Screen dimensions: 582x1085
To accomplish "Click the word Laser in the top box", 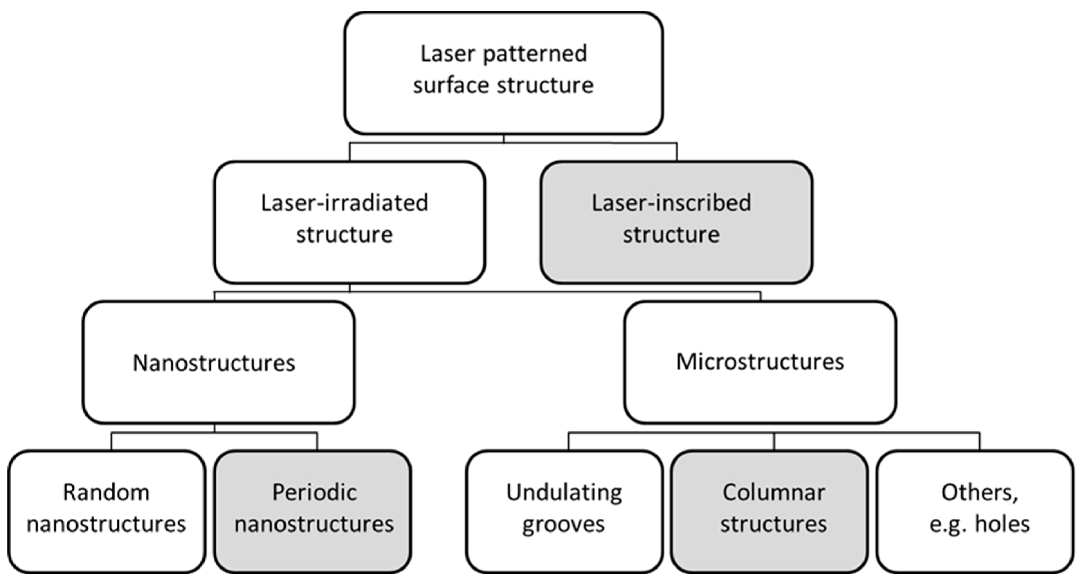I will (448, 54).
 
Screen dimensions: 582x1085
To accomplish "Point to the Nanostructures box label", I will (214, 363).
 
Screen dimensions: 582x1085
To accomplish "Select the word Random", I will (106, 492).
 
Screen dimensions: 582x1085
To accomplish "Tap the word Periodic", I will (314, 492).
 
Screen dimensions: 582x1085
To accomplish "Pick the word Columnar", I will (774, 492).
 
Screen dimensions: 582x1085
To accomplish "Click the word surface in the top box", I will (452, 85).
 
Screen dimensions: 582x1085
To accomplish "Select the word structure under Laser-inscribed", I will (671, 235).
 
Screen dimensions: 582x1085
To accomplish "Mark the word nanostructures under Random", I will (106, 525).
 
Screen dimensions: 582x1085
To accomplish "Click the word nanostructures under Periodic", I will (314, 525).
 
